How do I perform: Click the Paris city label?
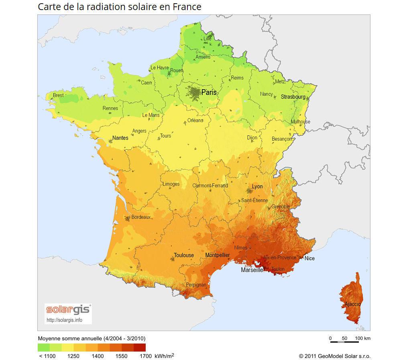[x=209, y=92]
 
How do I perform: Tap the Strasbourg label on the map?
[x=293, y=97]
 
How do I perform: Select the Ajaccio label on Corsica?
[x=352, y=304]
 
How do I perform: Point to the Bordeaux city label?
[x=141, y=217]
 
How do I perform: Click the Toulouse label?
[x=184, y=255]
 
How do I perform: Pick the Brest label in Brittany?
[x=58, y=95]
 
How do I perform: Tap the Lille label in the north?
[x=208, y=39]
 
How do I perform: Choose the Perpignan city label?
[x=196, y=285]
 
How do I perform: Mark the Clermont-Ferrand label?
[x=210, y=186]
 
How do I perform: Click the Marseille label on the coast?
[x=252, y=270]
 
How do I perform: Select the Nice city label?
[x=309, y=258]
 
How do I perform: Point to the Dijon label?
[x=252, y=137]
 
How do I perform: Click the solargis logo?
[x=68, y=310]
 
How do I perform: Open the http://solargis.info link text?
[x=64, y=320]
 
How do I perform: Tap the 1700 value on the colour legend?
[x=146, y=356]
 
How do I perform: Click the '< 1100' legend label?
[x=47, y=356]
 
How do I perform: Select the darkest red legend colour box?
[x=140, y=348]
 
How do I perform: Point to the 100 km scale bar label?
[x=362, y=338]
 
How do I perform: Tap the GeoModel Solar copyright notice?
[x=334, y=356]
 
